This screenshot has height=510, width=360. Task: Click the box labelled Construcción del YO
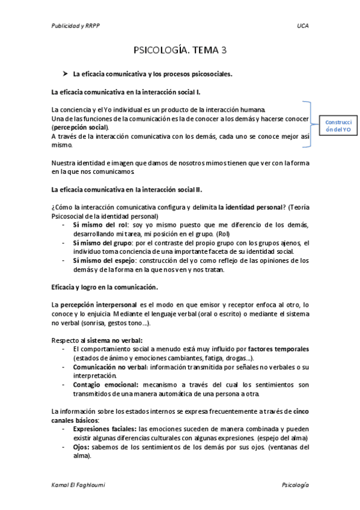(x=338, y=125)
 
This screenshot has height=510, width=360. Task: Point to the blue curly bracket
(x=307, y=123)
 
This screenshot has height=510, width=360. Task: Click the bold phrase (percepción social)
(x=80, y=127)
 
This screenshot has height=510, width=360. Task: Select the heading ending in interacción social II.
(x=127, y=189)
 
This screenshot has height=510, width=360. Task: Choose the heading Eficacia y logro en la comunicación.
(x=105, y=287)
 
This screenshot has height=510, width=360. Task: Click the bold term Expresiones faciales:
(x=104, y=429)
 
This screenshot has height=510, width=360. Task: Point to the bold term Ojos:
(x=82, y=447)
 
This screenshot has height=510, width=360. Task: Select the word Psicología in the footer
(x=294, y=485)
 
